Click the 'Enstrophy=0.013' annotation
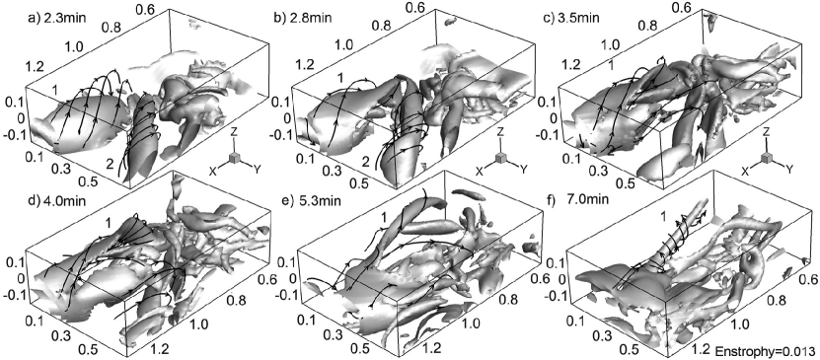coord(766,350)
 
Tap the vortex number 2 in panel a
coord(109,165)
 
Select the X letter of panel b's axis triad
coord(481,171)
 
